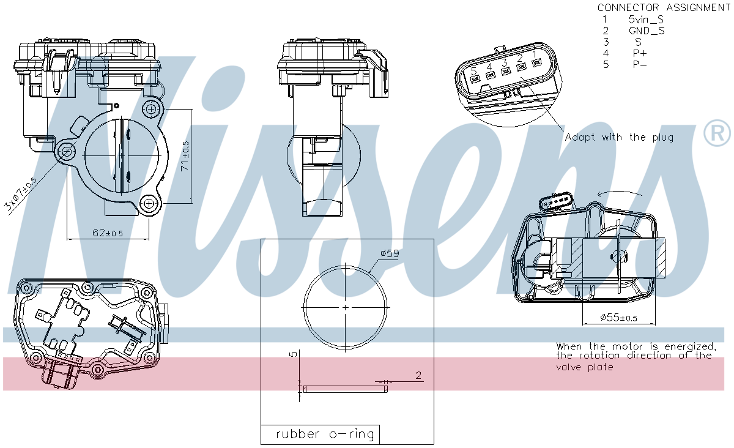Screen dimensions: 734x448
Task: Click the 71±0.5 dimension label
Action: point(185,156)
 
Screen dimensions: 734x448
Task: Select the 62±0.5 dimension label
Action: point(108,233)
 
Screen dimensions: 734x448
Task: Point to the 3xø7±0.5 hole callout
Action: point(20,194)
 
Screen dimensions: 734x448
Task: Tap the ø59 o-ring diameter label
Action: point(390,253)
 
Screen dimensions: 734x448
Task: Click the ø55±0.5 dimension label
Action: point(618,318)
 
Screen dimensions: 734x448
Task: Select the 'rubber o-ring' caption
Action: point(325,434)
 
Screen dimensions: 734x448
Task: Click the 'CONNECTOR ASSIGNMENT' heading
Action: point(664,7)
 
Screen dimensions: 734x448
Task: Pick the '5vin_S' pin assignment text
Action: point(646,20)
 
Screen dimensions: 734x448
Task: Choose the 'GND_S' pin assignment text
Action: point(647,31)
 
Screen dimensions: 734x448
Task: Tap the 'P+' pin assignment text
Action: point(640,53)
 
